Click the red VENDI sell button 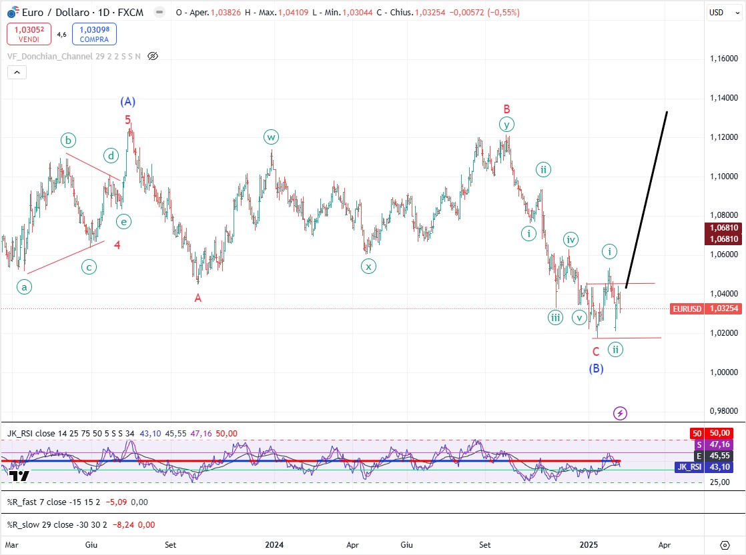[x=29, y=34]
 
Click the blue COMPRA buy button [x=94, y=34]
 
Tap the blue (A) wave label [x=128, y=102]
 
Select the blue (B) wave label [x=596, y=368]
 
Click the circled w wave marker [x=271, y=137]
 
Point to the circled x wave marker [x=368, y=267]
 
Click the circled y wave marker [x=507, y=125]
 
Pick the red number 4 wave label [x=117, y=245]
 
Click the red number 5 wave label [x=128, y=120]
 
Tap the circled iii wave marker [x=555, y=318]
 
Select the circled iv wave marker [x=570, y=239]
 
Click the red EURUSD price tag [x=686, y=308]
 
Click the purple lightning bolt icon [x=620, y=413]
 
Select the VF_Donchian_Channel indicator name [x=73, y=57]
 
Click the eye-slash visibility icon [x=153, y=57]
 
